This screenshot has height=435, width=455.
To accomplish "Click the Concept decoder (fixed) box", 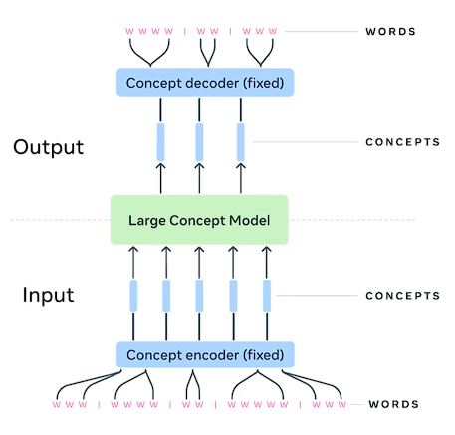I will coord(205,82).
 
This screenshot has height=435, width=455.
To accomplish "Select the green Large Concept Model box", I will coord(199,220).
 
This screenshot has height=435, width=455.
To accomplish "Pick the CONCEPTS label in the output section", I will coord(402,142).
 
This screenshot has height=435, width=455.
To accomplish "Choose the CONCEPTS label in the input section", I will coord(402,296).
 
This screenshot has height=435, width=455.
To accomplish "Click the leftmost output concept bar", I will coord(159,142).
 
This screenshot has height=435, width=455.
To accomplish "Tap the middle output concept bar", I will coord(200,142).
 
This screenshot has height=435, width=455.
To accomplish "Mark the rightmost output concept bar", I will coord(241,142).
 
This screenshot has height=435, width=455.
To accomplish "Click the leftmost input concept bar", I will coord(132,296).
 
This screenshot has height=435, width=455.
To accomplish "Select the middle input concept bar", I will coord(199,296).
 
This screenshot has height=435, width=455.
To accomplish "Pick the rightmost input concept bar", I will coord(267,296).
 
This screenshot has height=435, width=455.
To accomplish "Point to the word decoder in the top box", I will coord(210,82).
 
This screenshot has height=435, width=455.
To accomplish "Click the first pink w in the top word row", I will coord(128,31).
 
